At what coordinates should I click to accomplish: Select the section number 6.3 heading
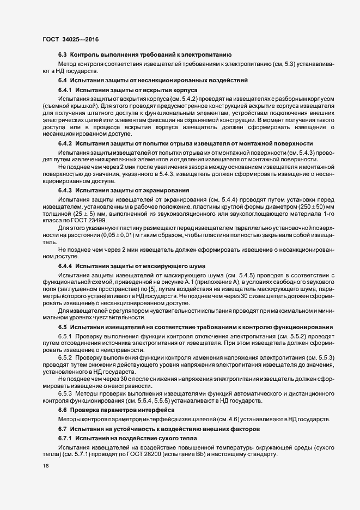click(x=62, y=55)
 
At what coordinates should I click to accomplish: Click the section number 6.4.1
click(x=65, y=89)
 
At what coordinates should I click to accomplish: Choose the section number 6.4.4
click(x=65, y=265)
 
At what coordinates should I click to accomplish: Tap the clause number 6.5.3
click(x=65, y=393)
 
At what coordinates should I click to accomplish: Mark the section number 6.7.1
click(x=65, y=438)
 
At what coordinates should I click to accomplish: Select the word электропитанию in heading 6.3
click(x=204, y=55)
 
